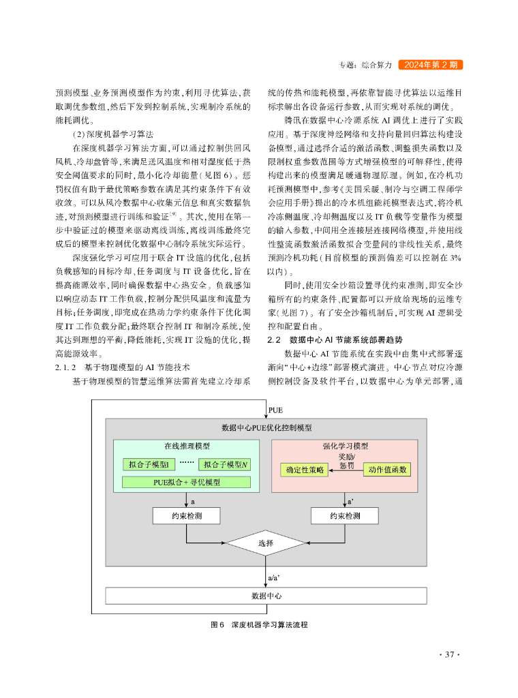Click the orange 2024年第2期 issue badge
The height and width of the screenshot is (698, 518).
click(429, 65)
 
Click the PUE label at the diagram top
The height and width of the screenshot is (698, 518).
click(276, 411)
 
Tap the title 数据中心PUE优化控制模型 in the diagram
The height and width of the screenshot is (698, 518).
click(266, 428)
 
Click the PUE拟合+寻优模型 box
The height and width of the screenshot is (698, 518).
click(187, 483)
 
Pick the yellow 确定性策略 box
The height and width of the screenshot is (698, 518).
click(305, 470)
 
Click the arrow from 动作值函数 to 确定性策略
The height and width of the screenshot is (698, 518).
click(347, 470)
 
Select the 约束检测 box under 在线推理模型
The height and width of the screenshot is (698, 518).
click(186, 516)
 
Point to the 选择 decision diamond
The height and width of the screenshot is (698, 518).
click(266, 544)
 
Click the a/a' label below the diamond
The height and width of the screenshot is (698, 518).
click(274, 577)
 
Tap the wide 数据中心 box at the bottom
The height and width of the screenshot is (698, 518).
click(266, 595)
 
